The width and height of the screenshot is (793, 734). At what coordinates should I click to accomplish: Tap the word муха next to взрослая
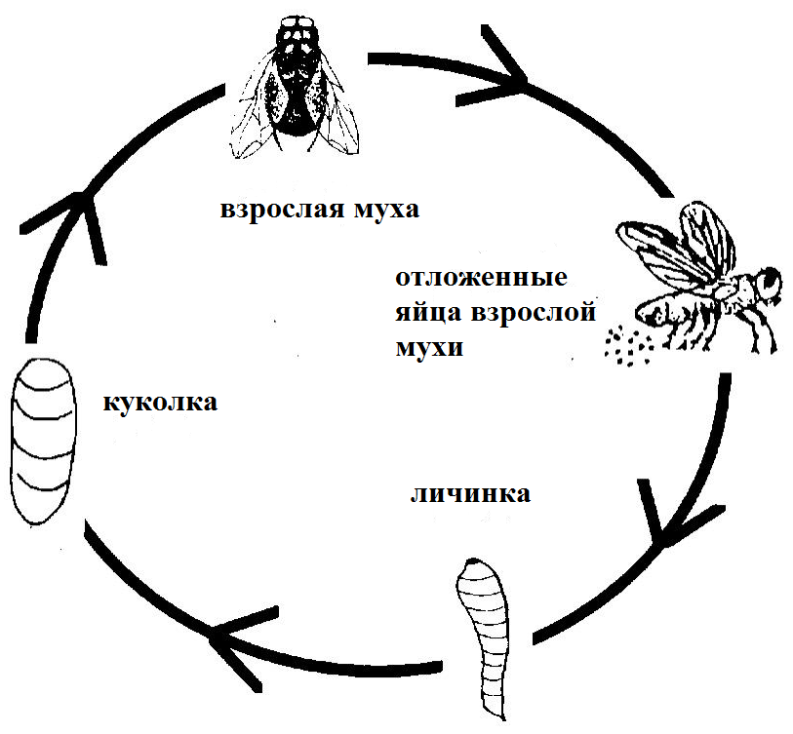(387, 210)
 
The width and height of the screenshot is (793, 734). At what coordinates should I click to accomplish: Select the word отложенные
(481, 278)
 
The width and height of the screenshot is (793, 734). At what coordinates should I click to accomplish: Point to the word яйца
(428, 312)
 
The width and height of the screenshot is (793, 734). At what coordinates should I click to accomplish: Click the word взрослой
(534, 313)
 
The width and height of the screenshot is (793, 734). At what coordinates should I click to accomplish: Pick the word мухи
(429, 348)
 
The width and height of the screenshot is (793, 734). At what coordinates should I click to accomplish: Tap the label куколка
(160, 403)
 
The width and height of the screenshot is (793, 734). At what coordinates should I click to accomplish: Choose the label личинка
(470, 493)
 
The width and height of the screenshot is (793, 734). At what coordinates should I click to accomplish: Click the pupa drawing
(44, 441)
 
